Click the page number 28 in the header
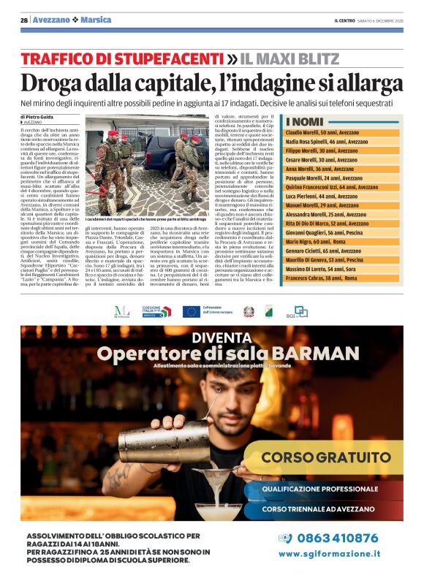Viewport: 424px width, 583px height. click(x=24, y=20)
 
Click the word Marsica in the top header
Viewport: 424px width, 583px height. click(x=96, y=20)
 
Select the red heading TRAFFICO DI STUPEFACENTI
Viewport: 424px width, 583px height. click(x=121, y=58)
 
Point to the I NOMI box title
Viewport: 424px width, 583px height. click(x=306, y=122)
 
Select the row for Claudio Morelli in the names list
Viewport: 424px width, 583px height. click(x=328, y=132)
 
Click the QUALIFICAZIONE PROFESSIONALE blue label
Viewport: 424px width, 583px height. click(x=322, y=487)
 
